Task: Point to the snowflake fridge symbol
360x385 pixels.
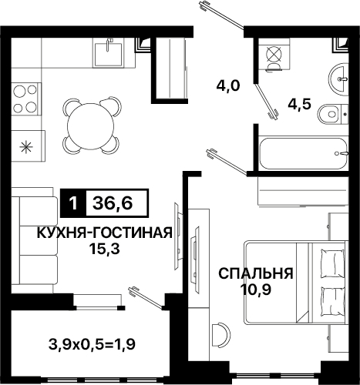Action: click(25, 146)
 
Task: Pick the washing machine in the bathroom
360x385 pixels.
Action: click(274, 56)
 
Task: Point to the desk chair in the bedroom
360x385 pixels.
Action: click(220, 336)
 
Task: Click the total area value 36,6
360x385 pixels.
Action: click(113, 203)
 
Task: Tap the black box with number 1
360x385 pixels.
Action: click(72, 204)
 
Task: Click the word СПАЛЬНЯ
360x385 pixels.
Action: click(256, 273)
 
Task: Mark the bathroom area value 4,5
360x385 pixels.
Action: click(300, 103)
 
